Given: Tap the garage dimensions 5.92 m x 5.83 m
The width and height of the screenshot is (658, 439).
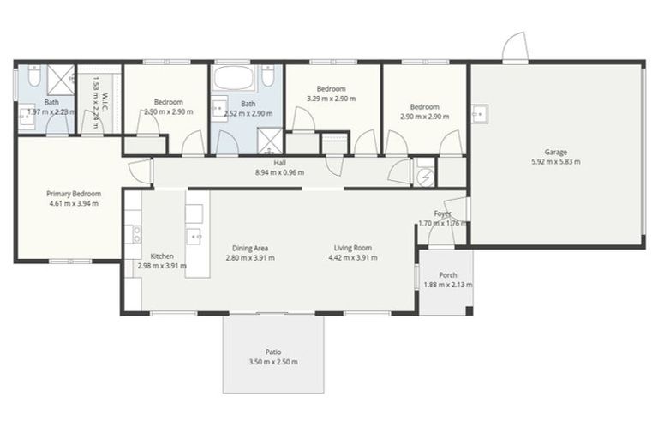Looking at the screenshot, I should [555, 162].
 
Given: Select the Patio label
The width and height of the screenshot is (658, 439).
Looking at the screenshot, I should [273, 352].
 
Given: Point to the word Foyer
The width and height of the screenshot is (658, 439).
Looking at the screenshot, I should [442, 213].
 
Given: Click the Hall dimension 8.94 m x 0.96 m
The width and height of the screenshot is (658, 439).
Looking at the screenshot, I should [279, 172].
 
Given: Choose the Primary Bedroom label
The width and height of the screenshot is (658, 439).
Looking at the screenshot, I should [72, 194].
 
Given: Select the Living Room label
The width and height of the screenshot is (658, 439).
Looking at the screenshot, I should [352, 249].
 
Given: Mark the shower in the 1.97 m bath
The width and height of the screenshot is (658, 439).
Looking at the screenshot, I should [61, 80].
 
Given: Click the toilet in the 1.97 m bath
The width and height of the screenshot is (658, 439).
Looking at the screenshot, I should [31, 78].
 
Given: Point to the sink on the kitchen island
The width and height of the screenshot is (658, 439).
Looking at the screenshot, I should [195, 235].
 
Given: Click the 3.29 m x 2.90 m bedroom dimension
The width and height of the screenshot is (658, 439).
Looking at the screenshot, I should [331, 99].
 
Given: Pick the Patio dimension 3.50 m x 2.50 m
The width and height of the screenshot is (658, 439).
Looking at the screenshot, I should [273, 362].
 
